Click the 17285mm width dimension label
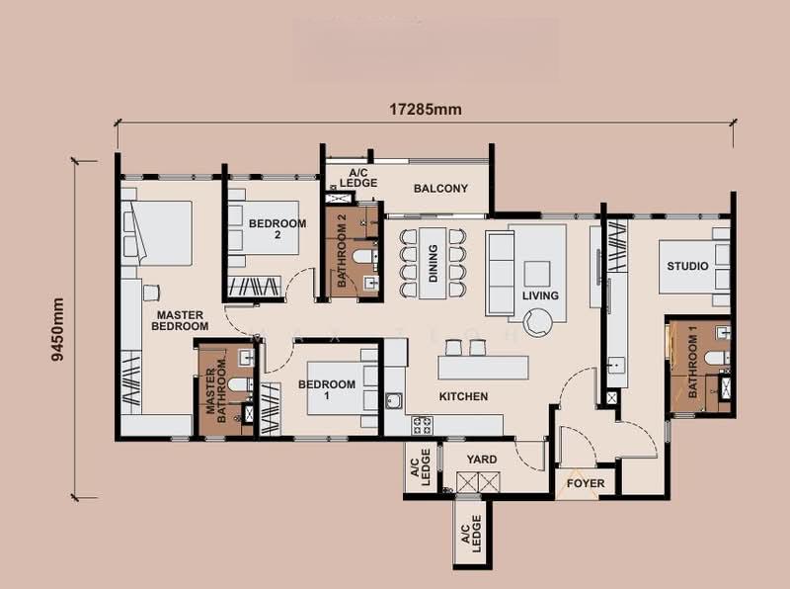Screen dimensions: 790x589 point(426,110)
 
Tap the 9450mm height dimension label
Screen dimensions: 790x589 point(58,329)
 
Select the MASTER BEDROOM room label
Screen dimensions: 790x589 point(180,321)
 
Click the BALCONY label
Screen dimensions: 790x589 point(440,189)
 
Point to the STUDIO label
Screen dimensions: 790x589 point(687,266)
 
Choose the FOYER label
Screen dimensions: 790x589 point(586,483)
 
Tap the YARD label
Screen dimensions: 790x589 point(482,460)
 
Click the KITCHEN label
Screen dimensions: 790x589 point(463,397)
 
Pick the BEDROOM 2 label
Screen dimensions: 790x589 point(277,229)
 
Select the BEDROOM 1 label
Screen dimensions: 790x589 point(327,389)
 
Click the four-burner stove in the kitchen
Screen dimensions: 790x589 point(422,425)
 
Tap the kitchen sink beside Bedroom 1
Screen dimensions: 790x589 point(394,401)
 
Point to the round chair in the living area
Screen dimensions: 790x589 point(537,322)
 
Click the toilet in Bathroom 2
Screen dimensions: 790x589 point(363,256)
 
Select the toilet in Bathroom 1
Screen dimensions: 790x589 point(715,358)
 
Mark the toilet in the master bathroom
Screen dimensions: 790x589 point(240,385)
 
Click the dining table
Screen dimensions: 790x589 point(433,263)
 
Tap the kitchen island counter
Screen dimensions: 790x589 point(483,367)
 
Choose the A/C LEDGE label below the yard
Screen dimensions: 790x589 point(471,534)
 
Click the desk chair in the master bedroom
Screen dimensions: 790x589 point(151,293)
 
